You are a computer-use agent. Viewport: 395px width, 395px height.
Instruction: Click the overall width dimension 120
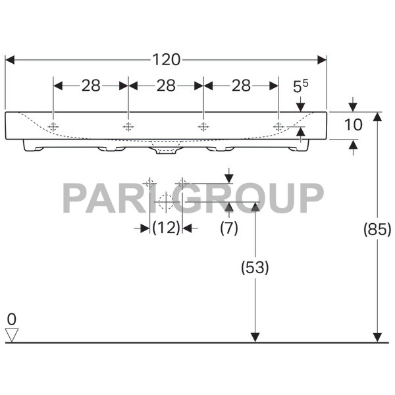click(x=166, y=60)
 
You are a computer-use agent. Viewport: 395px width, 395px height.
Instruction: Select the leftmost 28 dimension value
click(x=91, y=86)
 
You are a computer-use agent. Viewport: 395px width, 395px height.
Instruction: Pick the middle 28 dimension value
click(x=166, y=86)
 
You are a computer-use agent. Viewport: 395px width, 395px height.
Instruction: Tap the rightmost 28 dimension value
click(x=242, y=86)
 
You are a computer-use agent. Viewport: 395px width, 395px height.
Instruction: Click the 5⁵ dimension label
click(x=300, y=86)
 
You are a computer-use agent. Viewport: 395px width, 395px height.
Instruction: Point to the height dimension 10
click(x=354, y=125)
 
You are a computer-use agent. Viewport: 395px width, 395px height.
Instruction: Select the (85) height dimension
click(x=377, y=229)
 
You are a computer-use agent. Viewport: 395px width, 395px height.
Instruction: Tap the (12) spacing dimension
click(x=166, y=228)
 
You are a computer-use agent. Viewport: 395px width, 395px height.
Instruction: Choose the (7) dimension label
click(x=229, y=228)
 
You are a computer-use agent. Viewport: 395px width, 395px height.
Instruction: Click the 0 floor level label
click(x=11, y=319)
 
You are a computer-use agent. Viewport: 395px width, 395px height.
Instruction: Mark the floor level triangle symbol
click(x=11, y=335)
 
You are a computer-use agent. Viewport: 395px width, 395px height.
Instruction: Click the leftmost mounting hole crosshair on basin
click(x=53, y=126)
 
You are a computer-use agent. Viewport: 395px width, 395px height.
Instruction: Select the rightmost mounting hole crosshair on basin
click(x=278, y=126)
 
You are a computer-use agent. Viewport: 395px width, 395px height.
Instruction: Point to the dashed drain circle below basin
click(x=165, y=201)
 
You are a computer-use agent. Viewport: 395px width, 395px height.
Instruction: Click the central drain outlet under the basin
click(x=166, y=150)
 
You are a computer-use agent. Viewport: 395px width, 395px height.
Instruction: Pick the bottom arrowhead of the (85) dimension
click(x=377, y=336)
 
